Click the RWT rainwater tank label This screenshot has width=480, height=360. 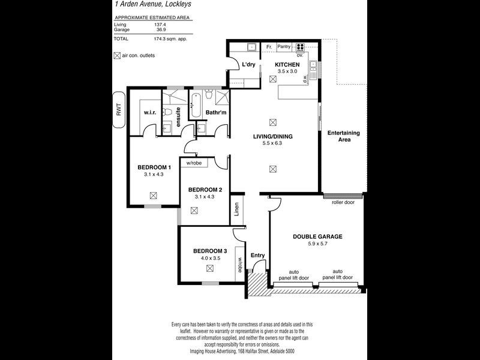coord(119,110)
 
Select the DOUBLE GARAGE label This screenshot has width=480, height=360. coord(317,236)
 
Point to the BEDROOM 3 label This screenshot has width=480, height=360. coord(210,251)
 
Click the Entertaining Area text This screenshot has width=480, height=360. coord(343,136)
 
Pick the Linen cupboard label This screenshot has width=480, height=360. coord(238,210)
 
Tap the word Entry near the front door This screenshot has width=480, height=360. coord(257,256)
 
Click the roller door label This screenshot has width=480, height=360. coord(343,202)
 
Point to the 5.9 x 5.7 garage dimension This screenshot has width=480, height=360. coord(317,244)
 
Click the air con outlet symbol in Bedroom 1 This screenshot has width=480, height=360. coord(154,195)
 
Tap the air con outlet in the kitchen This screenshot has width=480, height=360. coord(274,79)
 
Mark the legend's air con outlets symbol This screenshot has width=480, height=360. coord(117,56)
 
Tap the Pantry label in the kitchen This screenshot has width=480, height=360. coord(284,46)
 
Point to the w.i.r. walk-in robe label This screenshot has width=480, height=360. coord(149,112)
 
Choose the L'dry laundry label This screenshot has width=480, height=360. coord(250,65)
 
